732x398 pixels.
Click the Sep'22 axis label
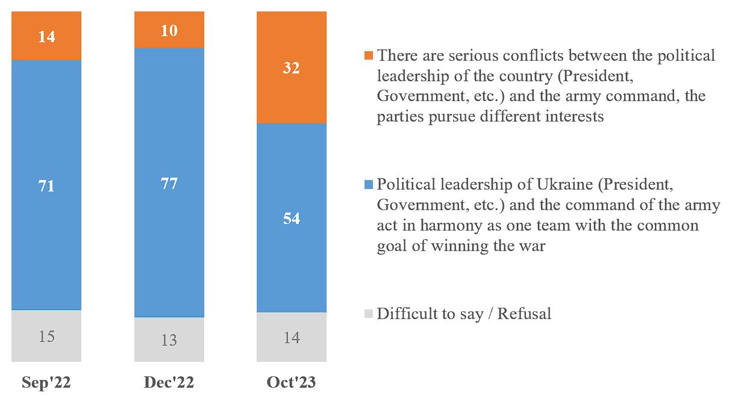[46, 383]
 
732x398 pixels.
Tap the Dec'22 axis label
[169, 383]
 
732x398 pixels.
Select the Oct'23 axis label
[291, 383]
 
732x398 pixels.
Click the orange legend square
[369, 56]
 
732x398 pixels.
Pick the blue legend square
[369, 184]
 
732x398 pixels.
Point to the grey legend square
[369, 314]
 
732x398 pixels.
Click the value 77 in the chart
[169, 183]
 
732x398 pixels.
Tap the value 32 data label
[291, 68]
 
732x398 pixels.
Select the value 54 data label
[291, 218]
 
